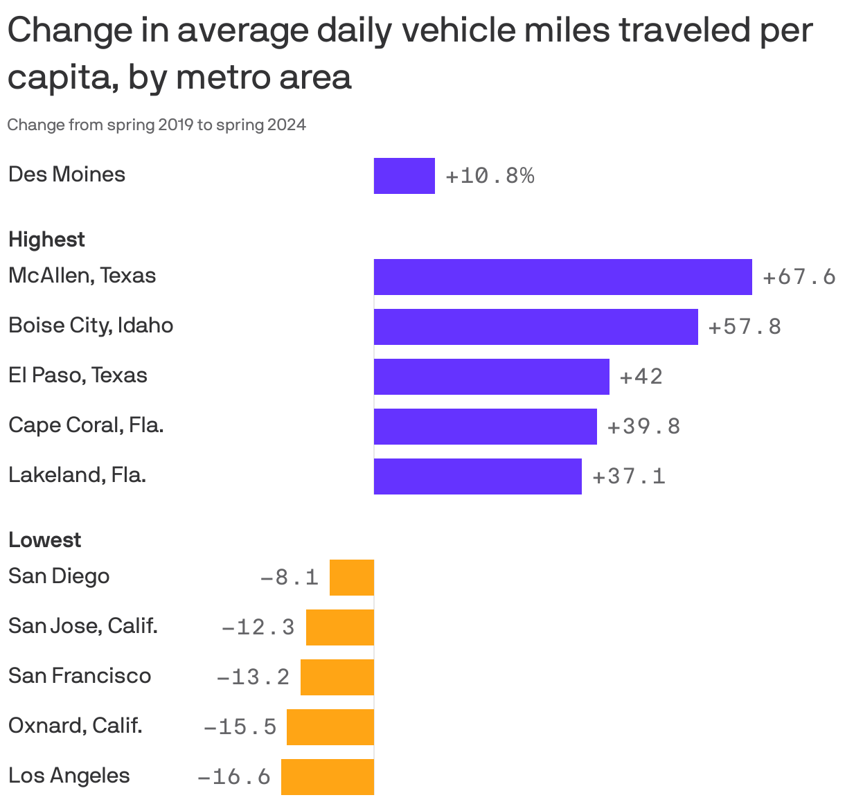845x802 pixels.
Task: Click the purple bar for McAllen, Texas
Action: tap(562, 277)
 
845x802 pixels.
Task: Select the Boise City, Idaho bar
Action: tap(535, 327)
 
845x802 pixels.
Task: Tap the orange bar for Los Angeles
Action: tap(328, 777)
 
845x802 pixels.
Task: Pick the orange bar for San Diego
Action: tap(352, 578)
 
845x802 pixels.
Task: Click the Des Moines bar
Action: tap(404, 176)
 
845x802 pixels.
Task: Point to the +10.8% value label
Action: tap(490, 176)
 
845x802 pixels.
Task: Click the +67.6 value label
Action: tap(799, 277)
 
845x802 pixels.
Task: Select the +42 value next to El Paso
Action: tap(641, 377)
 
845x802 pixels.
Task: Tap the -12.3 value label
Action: tap(258, 627)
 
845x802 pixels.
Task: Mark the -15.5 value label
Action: tap(240, 727)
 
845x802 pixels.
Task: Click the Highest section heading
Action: tap(46, 240)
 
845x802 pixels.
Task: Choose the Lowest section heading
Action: tap(44, 540)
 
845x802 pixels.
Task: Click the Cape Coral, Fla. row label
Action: tap(86, 425)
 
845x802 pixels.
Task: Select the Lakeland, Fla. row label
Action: tap(77, 475)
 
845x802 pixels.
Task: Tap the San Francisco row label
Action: tap(80, 676)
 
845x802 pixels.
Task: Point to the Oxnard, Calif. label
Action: tap(75, 726)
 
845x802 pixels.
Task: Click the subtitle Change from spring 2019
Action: tap(157, 125)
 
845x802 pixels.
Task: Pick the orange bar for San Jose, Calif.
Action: tap(340, 627)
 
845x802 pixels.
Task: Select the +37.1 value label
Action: tap(629, 476)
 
